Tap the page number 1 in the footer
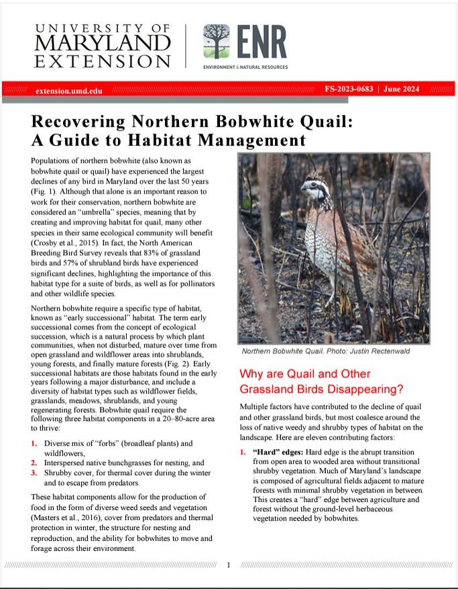[x=228, y=565]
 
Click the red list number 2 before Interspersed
[x=34, y=462]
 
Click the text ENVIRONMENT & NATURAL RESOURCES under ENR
[x=245, y=68]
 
